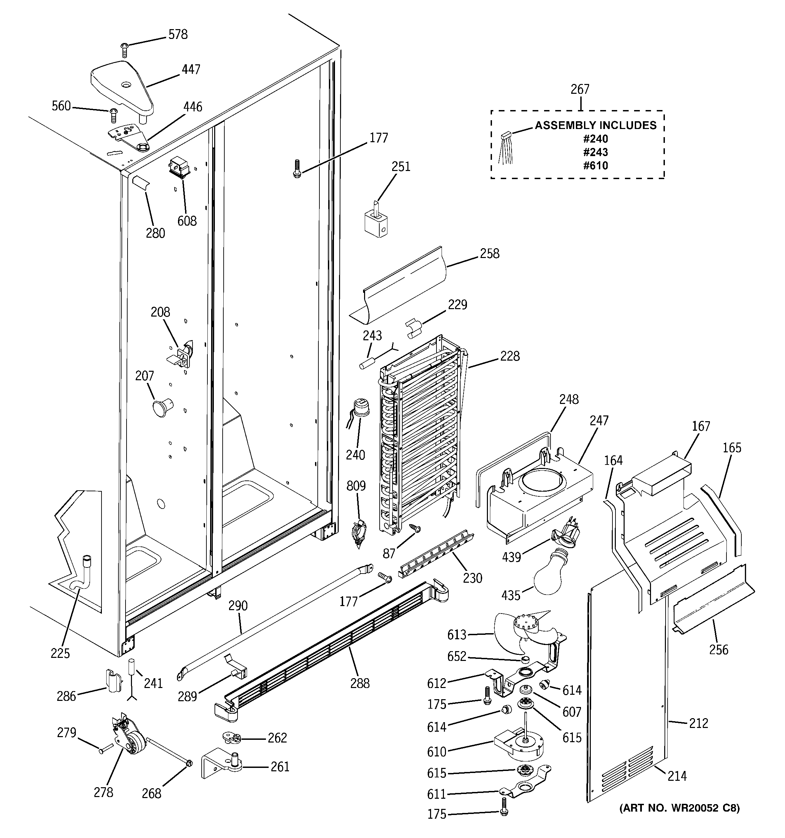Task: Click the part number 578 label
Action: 178,35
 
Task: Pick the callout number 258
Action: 489,253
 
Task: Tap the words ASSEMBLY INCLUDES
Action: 596,125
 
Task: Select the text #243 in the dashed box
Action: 596,152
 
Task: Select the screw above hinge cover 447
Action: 124,50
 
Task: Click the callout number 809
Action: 356,486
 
